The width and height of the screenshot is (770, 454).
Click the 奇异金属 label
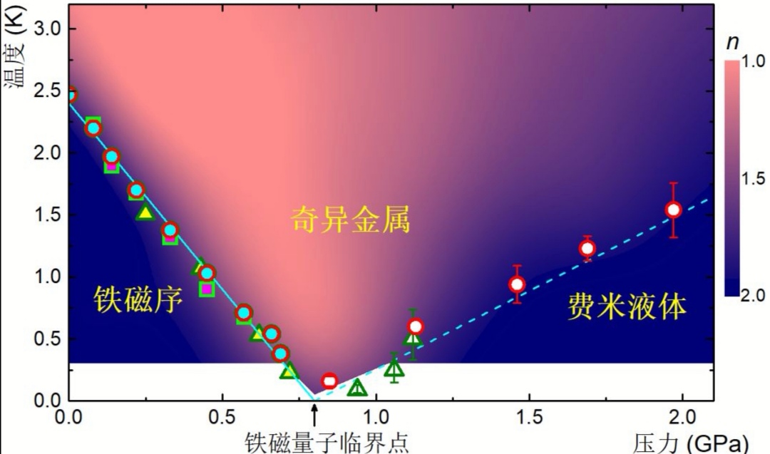click(x=351, y=220)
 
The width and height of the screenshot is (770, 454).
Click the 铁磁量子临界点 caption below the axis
click(x=327, y=442)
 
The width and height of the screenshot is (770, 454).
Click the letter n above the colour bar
click(x=732, y=42)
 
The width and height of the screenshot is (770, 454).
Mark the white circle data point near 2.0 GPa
click(x=673, y=210)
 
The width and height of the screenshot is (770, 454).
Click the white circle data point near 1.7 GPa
click(x=587, y=248)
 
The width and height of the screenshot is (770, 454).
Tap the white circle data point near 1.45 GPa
click(x=517, y=284)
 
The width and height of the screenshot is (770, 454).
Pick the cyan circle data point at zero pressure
click(x=70, y=94)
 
